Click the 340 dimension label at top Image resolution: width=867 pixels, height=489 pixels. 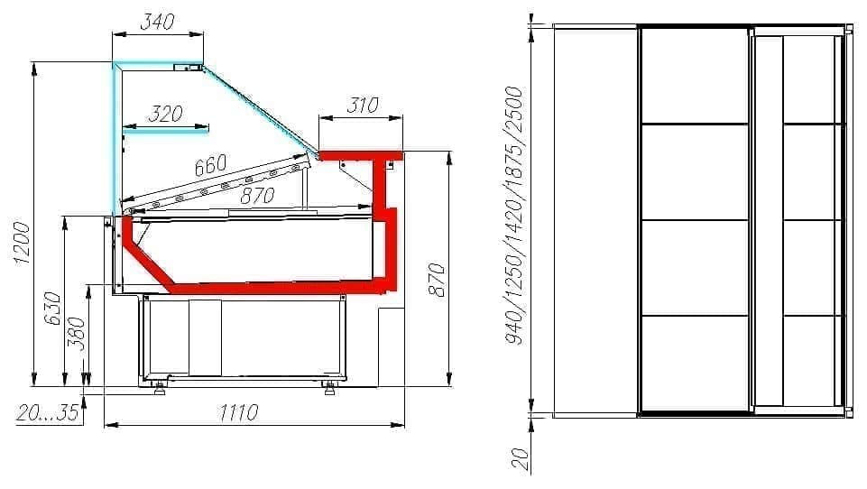(x=158, y=22)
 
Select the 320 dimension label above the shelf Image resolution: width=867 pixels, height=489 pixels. (x=165, y=114)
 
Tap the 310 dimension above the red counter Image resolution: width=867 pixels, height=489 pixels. (x=363, y=105)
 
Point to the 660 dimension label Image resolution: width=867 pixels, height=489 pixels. (x=211, y=165)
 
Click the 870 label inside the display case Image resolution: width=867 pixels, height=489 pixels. (x=258, y=195)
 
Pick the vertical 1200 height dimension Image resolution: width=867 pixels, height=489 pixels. (x=22, y=243)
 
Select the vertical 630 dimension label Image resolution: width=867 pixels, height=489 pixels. (x=52, y=309)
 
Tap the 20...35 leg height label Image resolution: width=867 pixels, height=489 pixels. (x=47, y=413)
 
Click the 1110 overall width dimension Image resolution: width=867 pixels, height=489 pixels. (x=238, y=412)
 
